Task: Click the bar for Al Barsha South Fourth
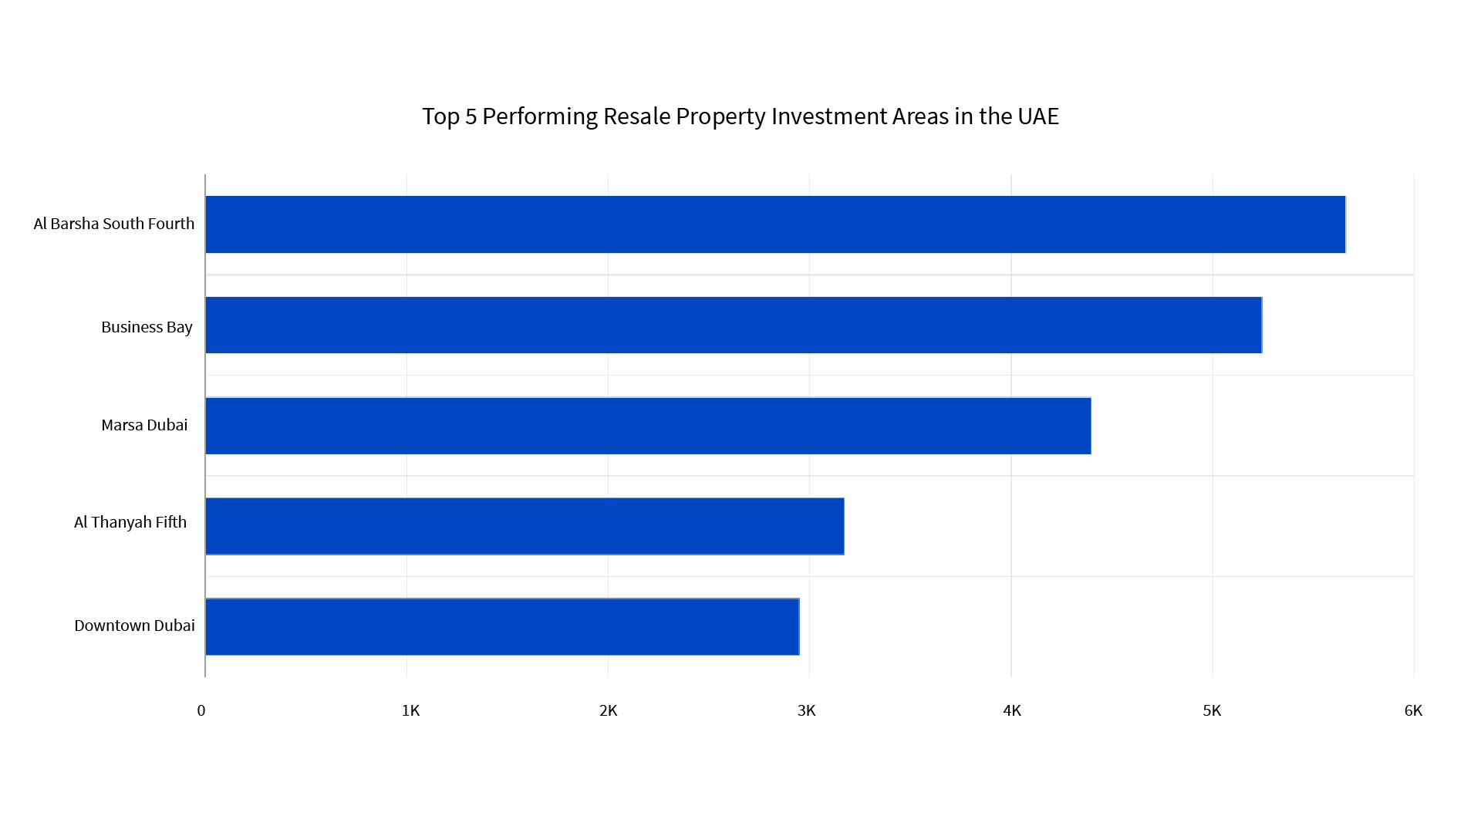(x=775, y=224)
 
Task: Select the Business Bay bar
(x=733, y=325)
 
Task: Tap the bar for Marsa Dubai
(x=648, y=426)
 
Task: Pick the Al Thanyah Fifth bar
(x=525, y=526)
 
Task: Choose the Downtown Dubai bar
(x=501, y=626)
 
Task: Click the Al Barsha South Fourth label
(x=113, y=224)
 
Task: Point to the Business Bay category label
(x=147, y=327)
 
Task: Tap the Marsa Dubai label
(x=144, y=425)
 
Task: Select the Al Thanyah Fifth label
(x=130, y=522)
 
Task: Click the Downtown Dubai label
(x=134, y=626)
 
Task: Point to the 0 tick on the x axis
(x=201, y=710)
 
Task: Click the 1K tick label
(x=410, y=710)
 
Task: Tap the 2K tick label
(x=608, y=710)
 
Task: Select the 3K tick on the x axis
(x=806, y=710)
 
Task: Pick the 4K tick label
(x=1011, y=710)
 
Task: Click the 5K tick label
(x=1212, y=710)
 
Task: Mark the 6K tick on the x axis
(x=1412, y=710)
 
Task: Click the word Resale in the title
(x=636, y=116)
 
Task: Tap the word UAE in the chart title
(x=1037, y=116)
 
